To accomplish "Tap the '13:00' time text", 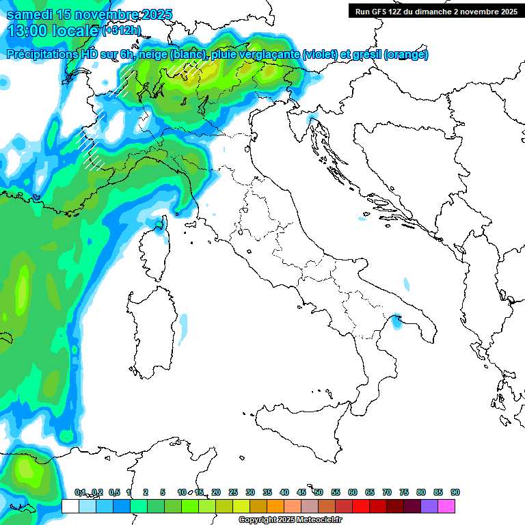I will point(25,31).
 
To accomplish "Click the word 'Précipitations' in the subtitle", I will point(42,55).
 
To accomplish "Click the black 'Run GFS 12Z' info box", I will point(435,11).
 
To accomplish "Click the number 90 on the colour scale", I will point(455,492).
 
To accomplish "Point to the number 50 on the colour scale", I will point(319,492).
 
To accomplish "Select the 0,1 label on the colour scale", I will point(80,492).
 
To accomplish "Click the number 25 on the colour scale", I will point(233,492).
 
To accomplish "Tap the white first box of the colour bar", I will point(70,506).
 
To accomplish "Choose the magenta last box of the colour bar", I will point(446,506).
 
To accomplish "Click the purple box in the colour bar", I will point(429,506).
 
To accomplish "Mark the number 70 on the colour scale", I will point(387,492).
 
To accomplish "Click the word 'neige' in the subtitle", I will point(153,55).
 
